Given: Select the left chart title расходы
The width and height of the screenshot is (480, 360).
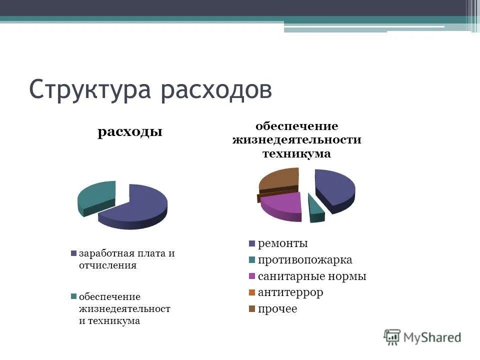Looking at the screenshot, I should (x=130, y=132).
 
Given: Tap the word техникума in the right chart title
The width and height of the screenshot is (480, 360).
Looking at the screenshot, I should (x=296, y=153).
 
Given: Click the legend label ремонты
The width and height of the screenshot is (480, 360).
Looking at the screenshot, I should (x=282, y=243).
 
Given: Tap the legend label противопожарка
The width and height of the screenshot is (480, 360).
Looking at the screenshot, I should (x=305, y=260).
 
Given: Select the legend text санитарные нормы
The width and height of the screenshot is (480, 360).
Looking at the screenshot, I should (x=312, y=276).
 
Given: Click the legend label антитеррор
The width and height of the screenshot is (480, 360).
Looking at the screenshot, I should (x=290, y=292).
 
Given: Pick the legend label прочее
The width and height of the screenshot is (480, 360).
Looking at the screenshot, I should (x=277, y=309).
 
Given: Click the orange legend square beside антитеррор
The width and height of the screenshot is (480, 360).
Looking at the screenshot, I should (x=252, y=292).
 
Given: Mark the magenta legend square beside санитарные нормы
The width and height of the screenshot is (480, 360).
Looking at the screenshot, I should (x=252, y=276).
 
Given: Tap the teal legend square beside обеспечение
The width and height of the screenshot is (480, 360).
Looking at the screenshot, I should (x=74, y=296).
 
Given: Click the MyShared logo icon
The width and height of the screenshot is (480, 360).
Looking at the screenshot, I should (x=392, y=337).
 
